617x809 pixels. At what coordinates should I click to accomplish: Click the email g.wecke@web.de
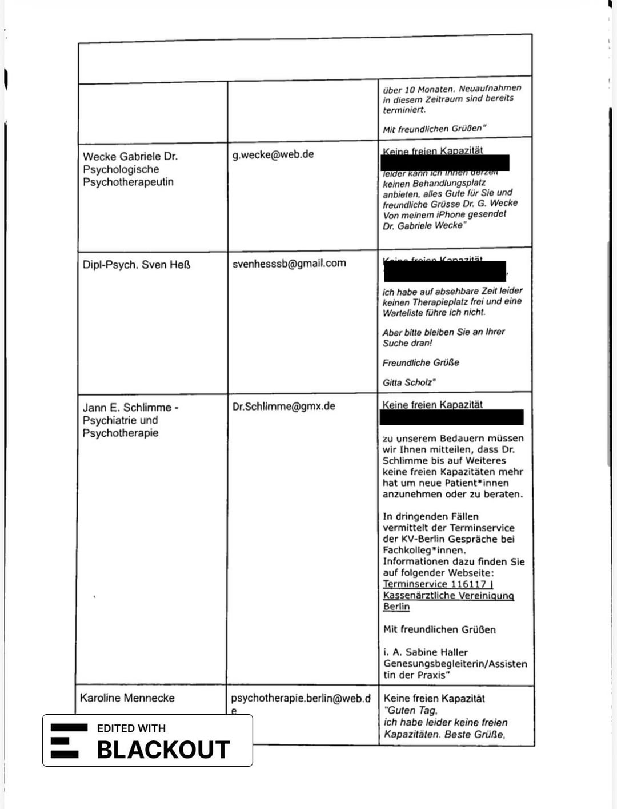[273, 154]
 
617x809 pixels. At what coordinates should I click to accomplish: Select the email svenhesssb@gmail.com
[289, 264]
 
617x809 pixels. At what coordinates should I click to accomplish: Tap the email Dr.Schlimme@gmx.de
[283, 407]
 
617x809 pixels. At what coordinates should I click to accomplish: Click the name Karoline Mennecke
[127, 698]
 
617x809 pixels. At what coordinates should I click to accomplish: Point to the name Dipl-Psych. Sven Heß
[137, 265]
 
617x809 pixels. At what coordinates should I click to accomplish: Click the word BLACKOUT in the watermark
[163, 750]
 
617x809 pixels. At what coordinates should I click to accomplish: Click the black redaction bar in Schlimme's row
[451, 417]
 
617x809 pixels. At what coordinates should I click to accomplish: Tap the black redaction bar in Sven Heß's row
[445, 272]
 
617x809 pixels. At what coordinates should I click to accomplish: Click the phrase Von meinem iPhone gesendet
[444, 214]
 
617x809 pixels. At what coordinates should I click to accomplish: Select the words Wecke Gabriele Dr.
[130, 156]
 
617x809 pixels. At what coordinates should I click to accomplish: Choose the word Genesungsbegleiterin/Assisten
[455, 664]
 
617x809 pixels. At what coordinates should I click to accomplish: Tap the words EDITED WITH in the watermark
[131, 728]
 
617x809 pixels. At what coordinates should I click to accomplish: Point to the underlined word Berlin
[396, 607]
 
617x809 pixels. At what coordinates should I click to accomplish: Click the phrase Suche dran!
[407, 343]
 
